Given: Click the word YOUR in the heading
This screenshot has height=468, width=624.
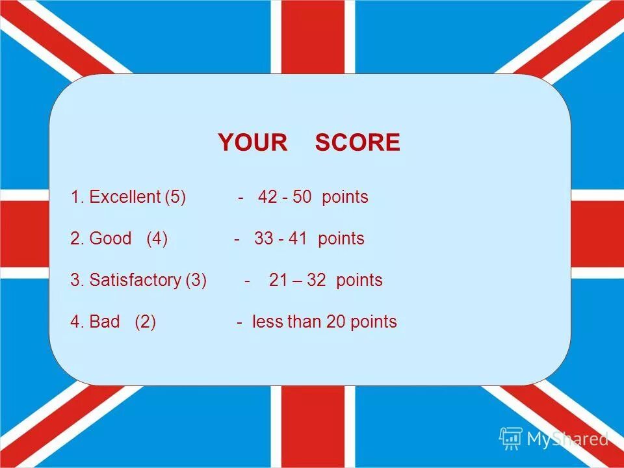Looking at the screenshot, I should tap(252, 142).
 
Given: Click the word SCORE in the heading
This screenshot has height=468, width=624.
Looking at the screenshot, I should tap(357, 142).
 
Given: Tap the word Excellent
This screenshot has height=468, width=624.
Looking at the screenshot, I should tap(125, 197).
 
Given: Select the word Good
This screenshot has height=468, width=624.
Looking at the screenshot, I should tap(110, 239).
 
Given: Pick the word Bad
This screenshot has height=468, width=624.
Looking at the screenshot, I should tap(105, 322).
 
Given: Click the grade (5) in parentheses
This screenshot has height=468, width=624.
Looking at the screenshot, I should tap(175, 197).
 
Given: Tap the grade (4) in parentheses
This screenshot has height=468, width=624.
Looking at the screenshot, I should tap(157, 239).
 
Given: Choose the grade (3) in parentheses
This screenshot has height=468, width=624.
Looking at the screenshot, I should tap(196, 280).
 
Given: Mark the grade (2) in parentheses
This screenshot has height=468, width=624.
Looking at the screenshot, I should tap(146, 322).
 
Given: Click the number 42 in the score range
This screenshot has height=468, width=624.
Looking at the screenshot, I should tap(267, 197).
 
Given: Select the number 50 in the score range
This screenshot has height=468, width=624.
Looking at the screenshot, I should tap(302, 197).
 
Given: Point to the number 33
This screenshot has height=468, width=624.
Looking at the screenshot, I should tap(264, 239).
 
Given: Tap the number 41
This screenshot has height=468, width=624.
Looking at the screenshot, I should tap(298, 239).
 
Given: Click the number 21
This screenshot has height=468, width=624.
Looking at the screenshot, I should tap(278, 280).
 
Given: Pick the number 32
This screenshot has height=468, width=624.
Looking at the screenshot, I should tap(317, 280).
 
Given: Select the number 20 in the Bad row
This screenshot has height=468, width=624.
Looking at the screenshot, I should tap(335, 322).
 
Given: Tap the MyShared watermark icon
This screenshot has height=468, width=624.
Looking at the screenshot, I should tap(511, 439).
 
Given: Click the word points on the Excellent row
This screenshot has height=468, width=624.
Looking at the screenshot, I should tap(345, 197).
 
